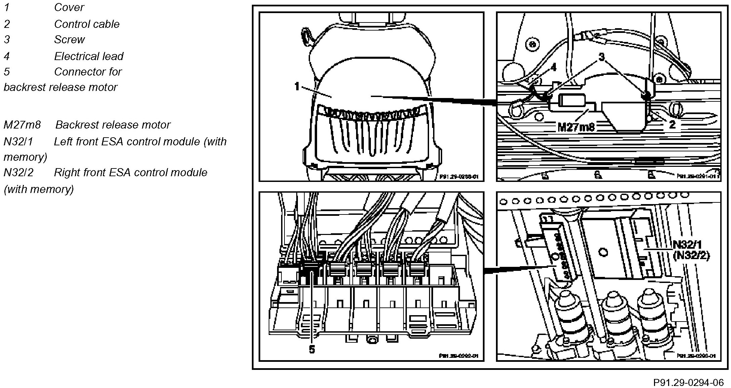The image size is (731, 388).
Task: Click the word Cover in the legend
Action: pos(69,7)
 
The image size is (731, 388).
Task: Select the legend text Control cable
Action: pos(87,24)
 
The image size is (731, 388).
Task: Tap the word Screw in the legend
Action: pos(69,40)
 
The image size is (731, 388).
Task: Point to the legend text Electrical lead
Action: pos(89,56)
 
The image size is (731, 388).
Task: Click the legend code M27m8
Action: pos(22,125)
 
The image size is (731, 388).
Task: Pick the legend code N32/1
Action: pos(18,142)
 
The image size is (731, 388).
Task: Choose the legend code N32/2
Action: pos(18,173)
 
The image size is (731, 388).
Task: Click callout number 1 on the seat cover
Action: pos(297,87)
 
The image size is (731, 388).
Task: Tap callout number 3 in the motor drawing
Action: pos(602,57)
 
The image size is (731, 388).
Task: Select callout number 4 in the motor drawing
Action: pos(553,67)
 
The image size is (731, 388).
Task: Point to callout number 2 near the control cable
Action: pos(672,125)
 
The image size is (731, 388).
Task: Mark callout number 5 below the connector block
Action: pos(312,350)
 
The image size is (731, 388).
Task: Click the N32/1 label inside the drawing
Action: pos(687,245)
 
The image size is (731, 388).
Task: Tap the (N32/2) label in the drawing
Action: pos(691,256)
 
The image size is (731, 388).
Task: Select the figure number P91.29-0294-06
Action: pos(688,382)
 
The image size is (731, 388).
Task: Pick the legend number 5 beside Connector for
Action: pos(7,72)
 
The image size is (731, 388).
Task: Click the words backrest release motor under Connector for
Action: pos(61,87)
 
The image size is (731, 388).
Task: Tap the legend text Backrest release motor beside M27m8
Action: pos(113,125)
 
